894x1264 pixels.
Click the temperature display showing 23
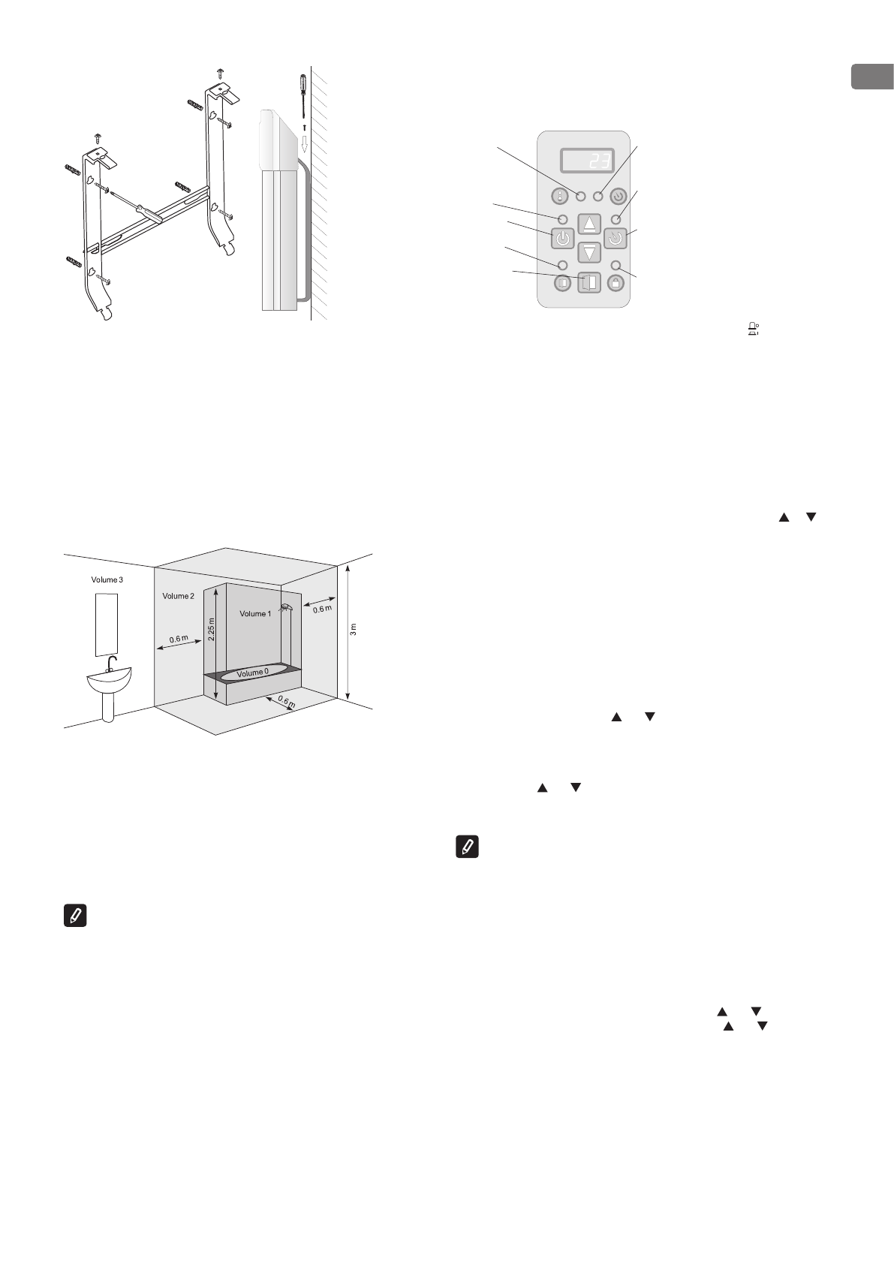(586, 161)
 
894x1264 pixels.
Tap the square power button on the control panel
(563, 239)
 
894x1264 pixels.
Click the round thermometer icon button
(561, 197)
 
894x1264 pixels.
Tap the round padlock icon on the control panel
(616, 284)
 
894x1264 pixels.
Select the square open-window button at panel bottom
(589, 283)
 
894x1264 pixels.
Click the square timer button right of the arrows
(616, 239)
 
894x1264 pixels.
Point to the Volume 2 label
(178, 596)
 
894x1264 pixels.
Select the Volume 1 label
(254, 614)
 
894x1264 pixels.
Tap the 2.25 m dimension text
(211, 629)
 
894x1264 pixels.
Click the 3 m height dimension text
(354, 629)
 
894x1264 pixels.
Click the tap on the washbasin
(110, 663)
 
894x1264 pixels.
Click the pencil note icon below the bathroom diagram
(76, 916)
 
